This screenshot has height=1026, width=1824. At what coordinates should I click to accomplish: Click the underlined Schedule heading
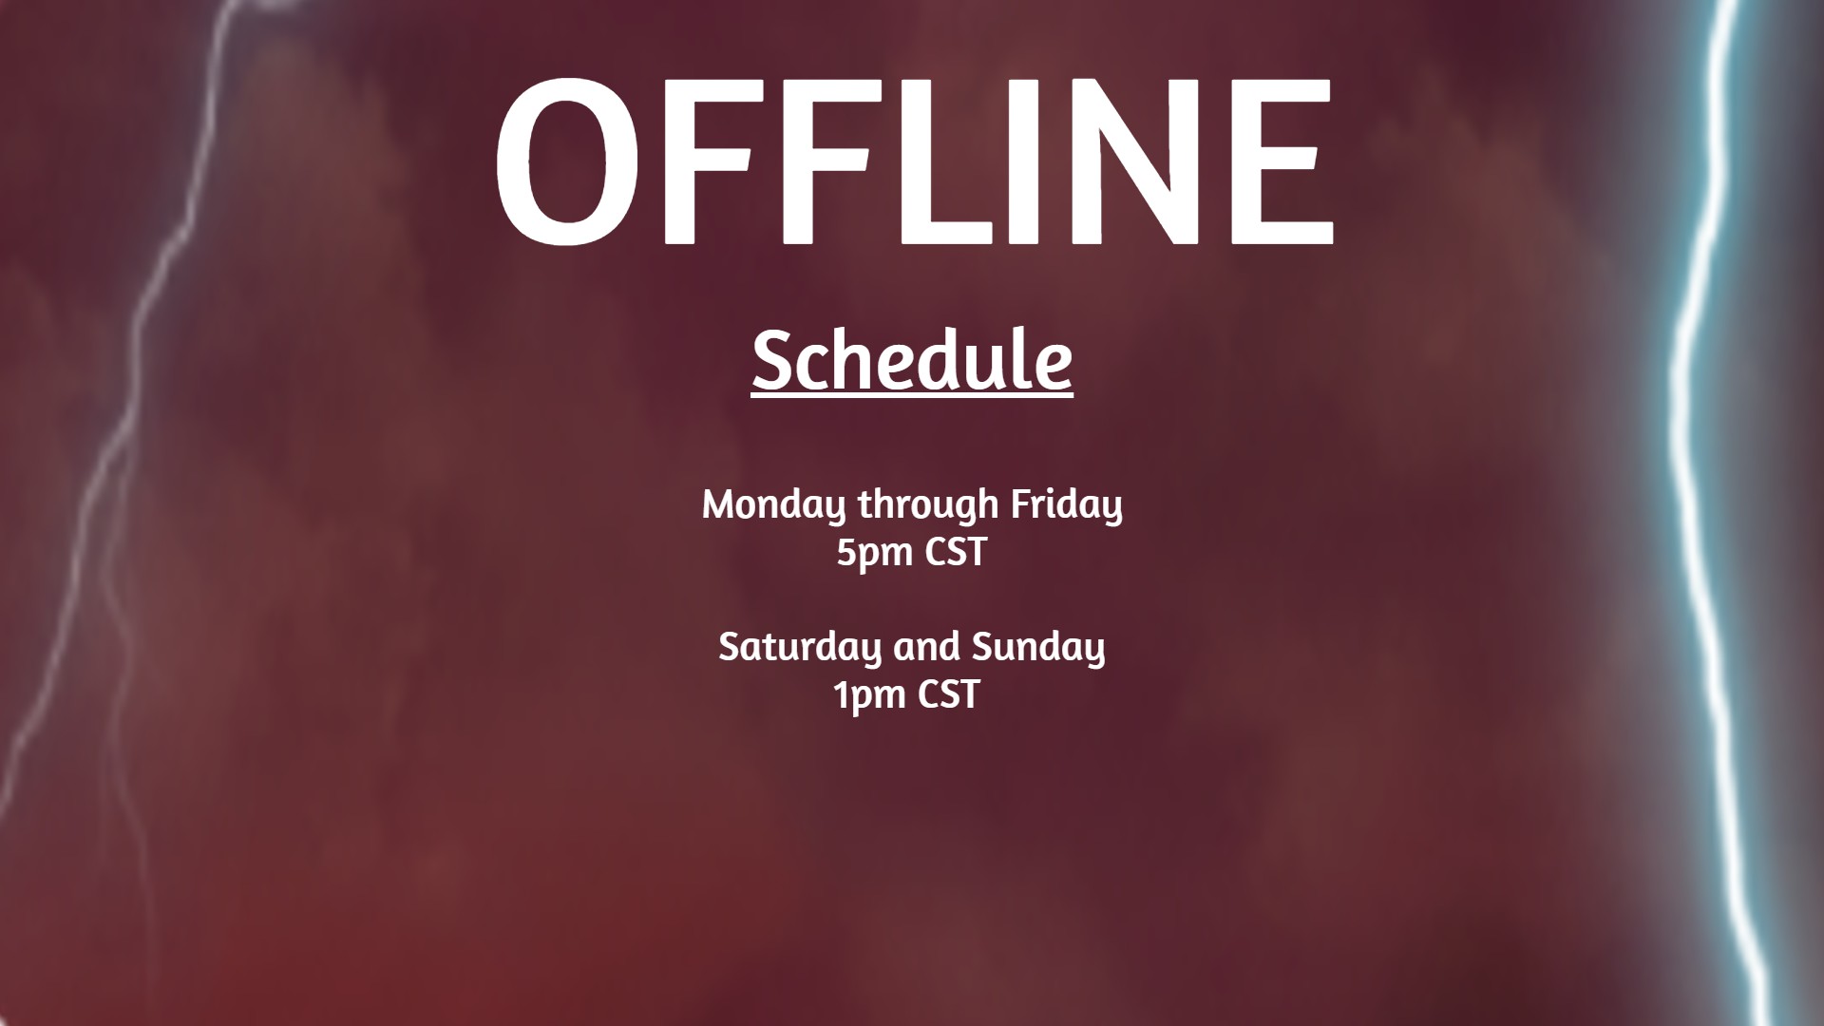[912, 361]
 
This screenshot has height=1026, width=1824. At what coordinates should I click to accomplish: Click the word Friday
[1066, 504]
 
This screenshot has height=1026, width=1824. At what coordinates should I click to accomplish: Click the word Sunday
[1038, 648]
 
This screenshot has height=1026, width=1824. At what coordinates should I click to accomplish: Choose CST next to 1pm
[948, 694]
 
